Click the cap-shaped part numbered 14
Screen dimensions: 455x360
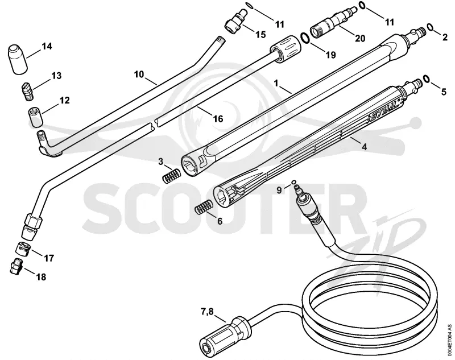18,60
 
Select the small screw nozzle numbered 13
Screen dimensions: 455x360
27,92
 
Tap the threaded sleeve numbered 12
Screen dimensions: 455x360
36,117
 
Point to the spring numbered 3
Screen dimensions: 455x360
172,176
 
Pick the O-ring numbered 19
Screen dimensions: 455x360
305,38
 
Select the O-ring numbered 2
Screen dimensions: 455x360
430,27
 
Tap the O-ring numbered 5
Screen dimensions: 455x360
427,78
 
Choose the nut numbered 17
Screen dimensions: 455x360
22,248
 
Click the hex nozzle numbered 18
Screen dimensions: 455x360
16,266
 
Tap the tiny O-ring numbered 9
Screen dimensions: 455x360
293,182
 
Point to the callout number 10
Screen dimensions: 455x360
139,75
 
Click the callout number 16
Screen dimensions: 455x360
218,119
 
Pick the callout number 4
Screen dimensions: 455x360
365,147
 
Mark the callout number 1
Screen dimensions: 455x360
276,84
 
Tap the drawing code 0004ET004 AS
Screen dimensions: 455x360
450,340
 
